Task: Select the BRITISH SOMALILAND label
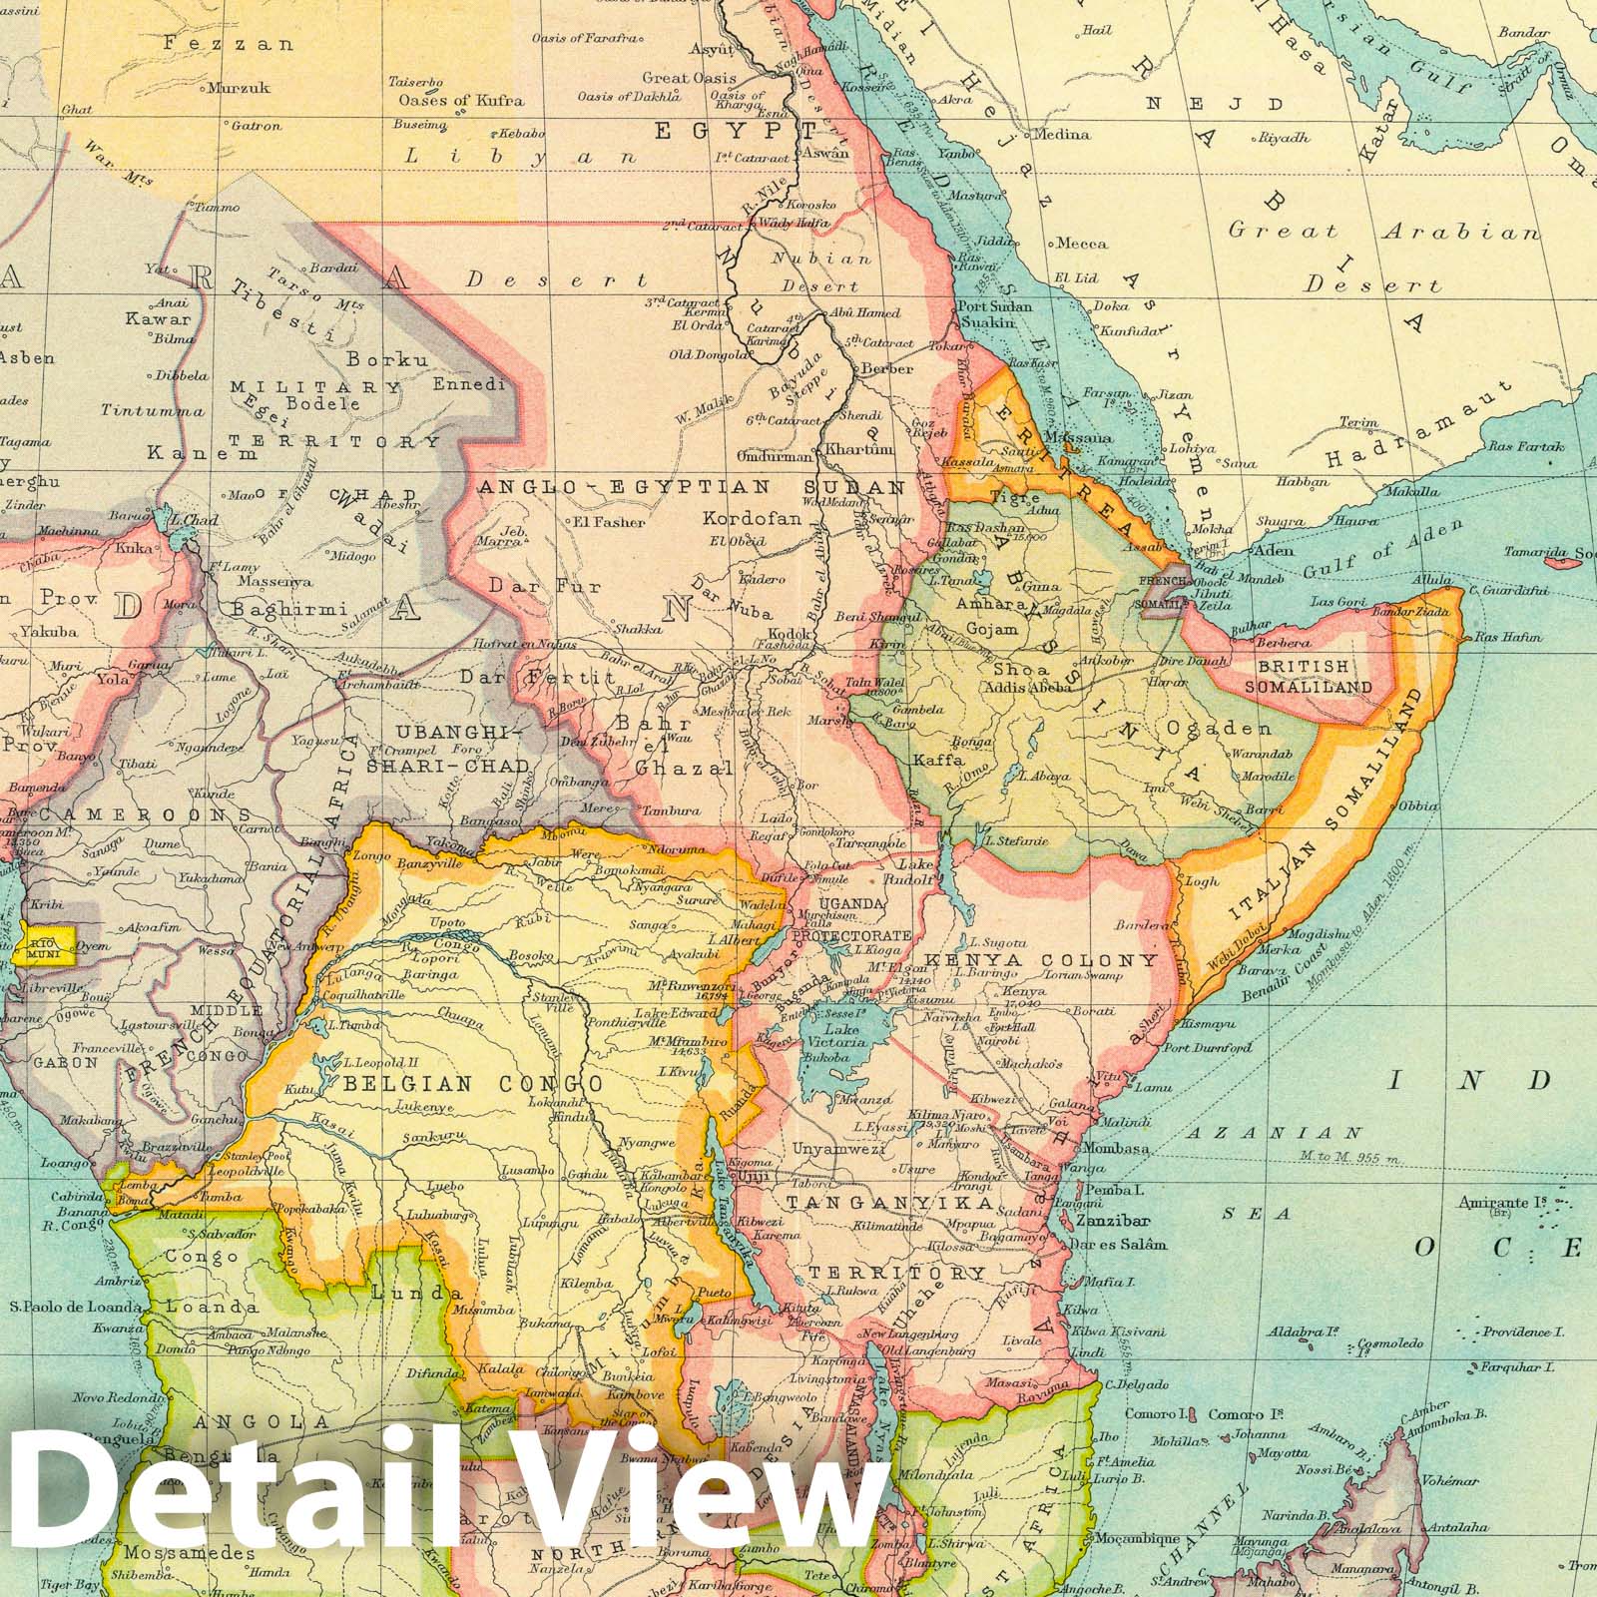[x=1315, y=676]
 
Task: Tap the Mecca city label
[x=1082, y=243]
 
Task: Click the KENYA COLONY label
[x=1041, y=960]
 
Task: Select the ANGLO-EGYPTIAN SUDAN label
[x=692, y=487]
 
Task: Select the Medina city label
[x=1064, y=134]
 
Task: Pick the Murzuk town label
[x=240, y=88]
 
